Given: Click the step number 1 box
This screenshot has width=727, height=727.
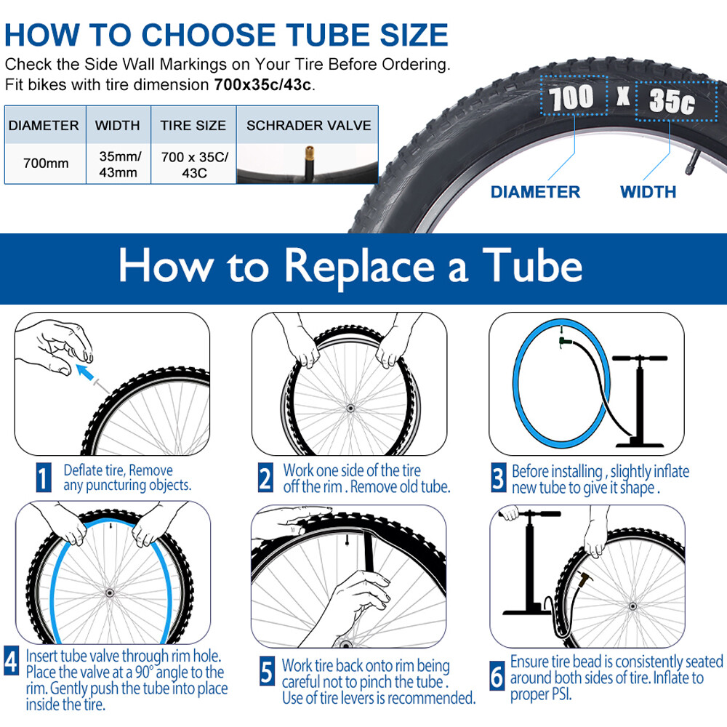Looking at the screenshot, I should [x=44, y=477].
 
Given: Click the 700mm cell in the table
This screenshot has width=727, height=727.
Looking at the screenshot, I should [x=46, y=163].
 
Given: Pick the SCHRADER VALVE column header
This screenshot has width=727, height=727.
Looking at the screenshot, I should [x=308, y=125].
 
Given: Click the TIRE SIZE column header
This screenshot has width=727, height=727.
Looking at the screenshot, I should [x=193, y=125].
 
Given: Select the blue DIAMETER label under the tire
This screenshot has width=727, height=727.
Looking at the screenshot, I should [x=535, y=192].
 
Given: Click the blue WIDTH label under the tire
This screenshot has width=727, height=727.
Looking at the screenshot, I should [x=648, y=192].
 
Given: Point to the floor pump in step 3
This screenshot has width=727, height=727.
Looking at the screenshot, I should [x=640, y=396].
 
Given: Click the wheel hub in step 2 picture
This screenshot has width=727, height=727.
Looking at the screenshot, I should [x=350, y=410].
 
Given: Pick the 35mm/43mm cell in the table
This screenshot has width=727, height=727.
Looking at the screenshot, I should [x=119, y=163].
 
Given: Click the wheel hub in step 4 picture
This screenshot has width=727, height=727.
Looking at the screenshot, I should [x=111, y=593].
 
